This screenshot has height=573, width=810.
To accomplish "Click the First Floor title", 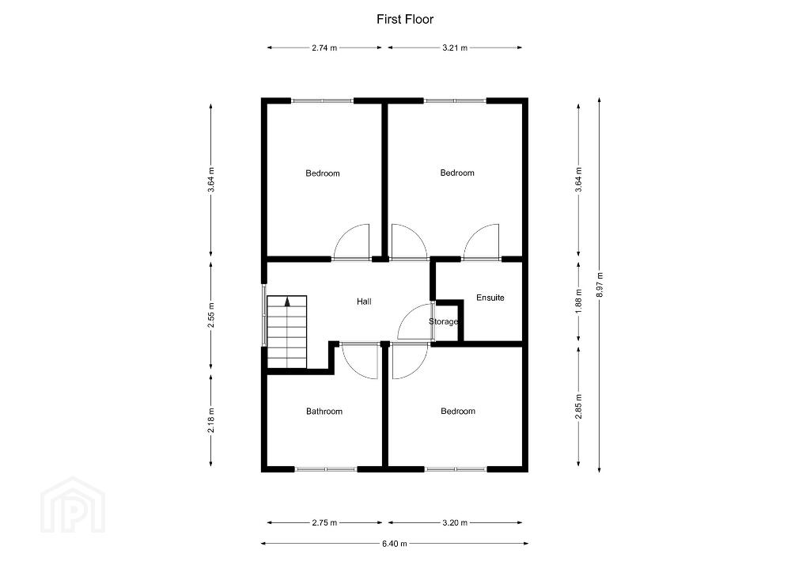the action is point(405,20).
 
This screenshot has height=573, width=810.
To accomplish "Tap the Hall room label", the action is point(364,302).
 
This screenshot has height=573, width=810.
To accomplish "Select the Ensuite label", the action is point(490,298).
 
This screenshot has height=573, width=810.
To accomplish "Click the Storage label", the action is point(443,321).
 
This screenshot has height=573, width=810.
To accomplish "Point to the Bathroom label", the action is point(324,412).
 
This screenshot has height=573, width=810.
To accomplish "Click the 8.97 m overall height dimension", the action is point(600,284).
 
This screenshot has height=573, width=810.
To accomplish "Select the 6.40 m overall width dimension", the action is point(395,544).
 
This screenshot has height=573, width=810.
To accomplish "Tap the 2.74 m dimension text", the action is point(324,47).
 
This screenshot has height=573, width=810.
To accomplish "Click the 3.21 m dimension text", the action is point(455,47).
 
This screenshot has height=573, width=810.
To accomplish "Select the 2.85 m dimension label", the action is point(578,406).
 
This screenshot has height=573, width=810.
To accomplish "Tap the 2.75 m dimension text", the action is point(324,523).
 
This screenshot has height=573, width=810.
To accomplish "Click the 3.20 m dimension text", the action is point(455,523).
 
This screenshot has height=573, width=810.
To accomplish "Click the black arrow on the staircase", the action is point(287,302).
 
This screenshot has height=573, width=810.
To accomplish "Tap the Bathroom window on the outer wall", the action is point(326,469).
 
